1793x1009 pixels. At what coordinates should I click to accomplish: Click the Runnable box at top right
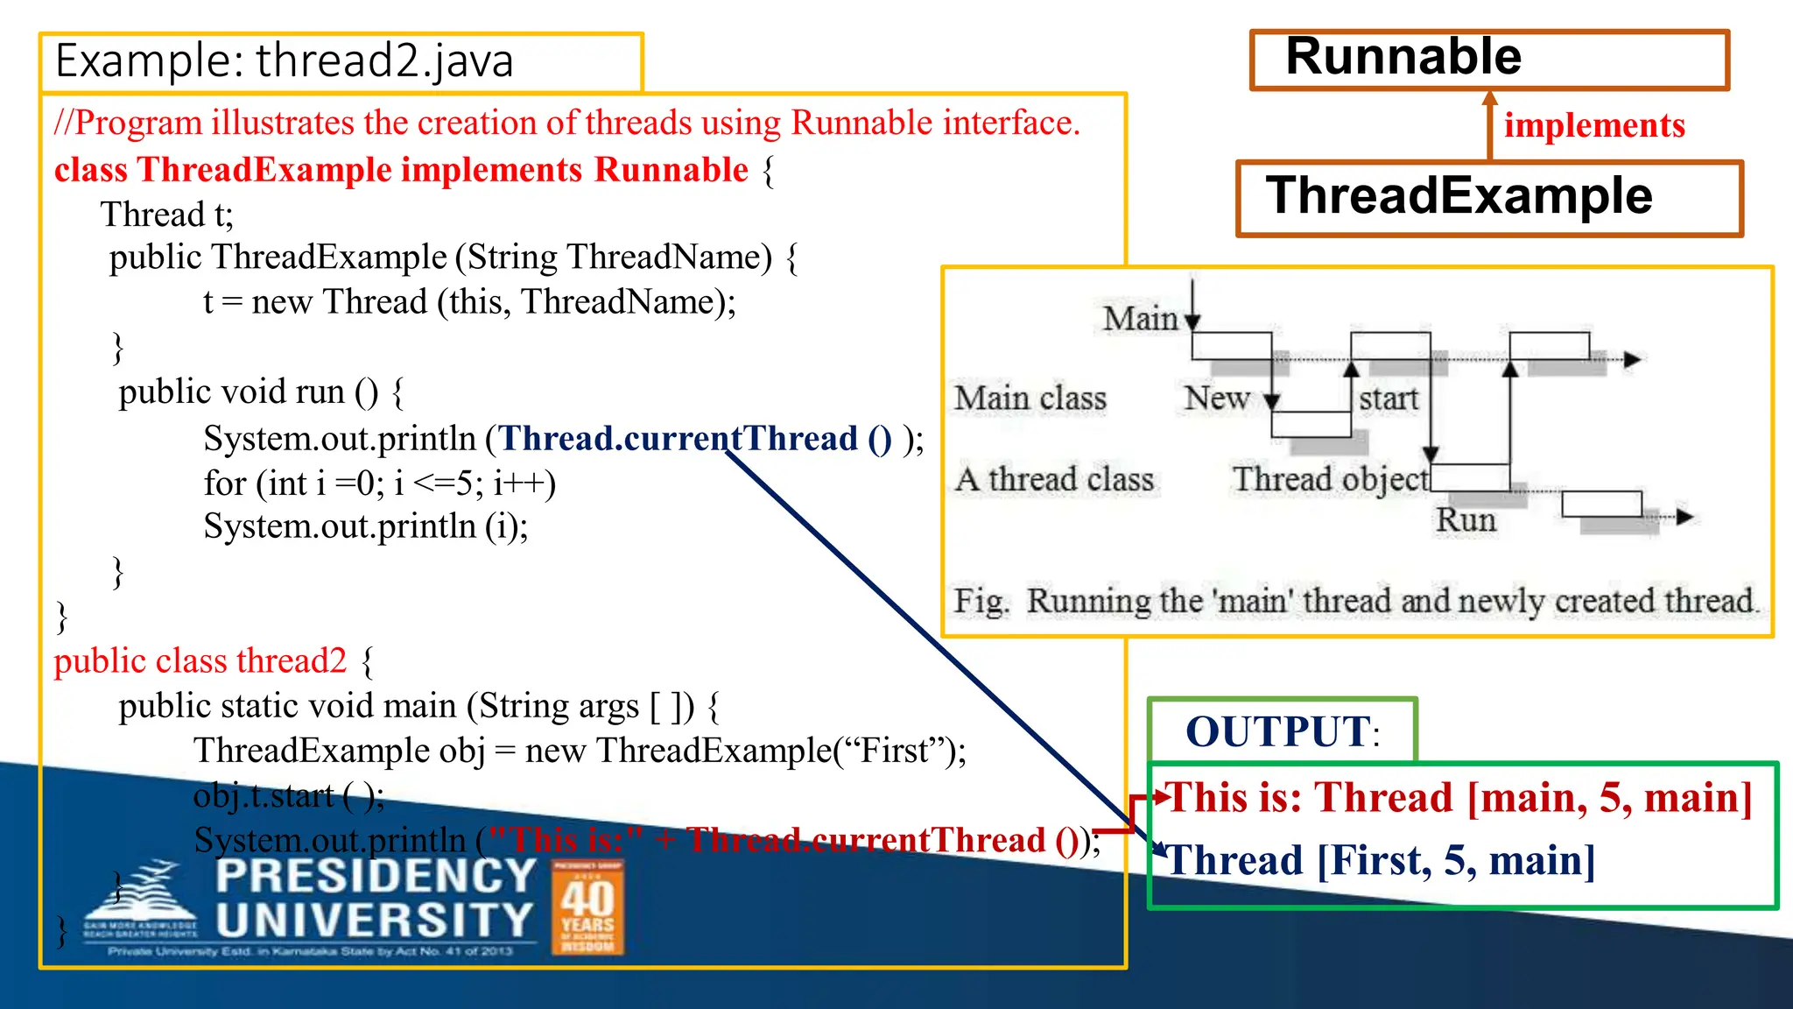pos(1489,59)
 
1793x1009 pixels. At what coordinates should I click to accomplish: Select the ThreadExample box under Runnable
pos(1489,197)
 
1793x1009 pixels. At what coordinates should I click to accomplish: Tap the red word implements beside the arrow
pos(1594,125)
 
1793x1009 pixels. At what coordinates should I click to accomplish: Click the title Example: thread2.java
pos(285,61)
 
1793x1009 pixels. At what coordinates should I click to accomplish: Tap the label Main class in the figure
pos(1030,399)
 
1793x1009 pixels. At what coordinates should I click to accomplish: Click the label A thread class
pos(1055,479)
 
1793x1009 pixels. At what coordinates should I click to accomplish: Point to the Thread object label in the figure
pos(1330,479)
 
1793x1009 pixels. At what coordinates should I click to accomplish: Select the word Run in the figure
pos(1466,520)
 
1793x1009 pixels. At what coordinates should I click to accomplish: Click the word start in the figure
pos(1389,399)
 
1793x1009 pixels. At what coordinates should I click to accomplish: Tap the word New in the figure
pos(1216,399)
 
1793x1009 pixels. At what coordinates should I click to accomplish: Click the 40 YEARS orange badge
pos(587,907)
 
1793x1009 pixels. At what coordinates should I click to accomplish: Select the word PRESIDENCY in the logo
pos(376,876)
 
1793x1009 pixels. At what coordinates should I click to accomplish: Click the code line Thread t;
pos(167,215)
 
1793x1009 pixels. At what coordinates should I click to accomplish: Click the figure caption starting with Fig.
pos(1355,601)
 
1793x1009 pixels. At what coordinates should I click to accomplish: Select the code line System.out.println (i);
pos(366,526)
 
